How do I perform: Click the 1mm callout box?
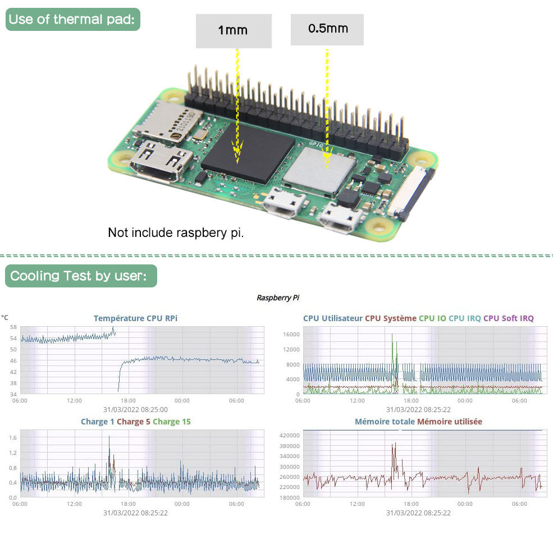[x=233, y=30]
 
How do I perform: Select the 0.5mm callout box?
[x=327, y=29]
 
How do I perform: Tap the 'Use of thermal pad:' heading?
[x=72, y=20]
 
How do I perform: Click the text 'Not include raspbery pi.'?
[x=176, y=232]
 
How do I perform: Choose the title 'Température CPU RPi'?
[x=135, y=318]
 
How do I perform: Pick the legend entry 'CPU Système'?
[x=391, y=318]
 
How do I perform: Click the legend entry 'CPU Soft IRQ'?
[x=509, y=318]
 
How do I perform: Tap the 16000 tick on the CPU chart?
[x=290, y=335]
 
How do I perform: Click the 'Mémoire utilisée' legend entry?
[x=449, y=422]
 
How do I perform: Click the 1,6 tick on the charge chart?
[x=13, y=437]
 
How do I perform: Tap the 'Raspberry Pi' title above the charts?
[x=275, y=298]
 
